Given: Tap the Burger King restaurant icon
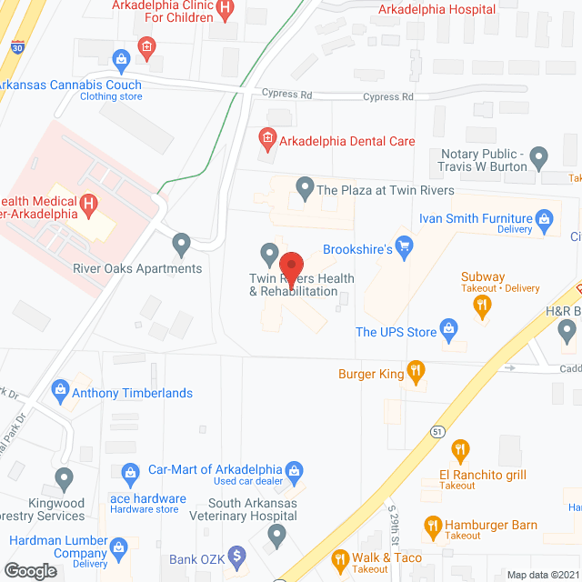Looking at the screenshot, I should pyautogui.click(x=416, y=370).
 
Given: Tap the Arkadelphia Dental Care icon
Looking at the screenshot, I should pyautogui.click(x=267, y=140).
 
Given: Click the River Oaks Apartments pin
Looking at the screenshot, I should pyautogui.click(x=182, y=243).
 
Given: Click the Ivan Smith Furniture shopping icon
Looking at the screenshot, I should pyautogui.click(x=544, y=218).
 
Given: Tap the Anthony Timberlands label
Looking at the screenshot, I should pyautogui.click(x=133, y=393).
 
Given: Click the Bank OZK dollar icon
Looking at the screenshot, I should pyautogui.click(x=236, y=553).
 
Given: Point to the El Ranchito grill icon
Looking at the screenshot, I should pyautogui.click(x=460, y=450).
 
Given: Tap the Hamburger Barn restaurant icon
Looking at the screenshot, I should pyautogui.click(x=433, y=525).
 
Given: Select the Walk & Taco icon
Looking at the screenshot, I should pyautogui.click(x=340, y=557).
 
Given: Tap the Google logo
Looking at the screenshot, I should pyautogui.click(x=30, y=570).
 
